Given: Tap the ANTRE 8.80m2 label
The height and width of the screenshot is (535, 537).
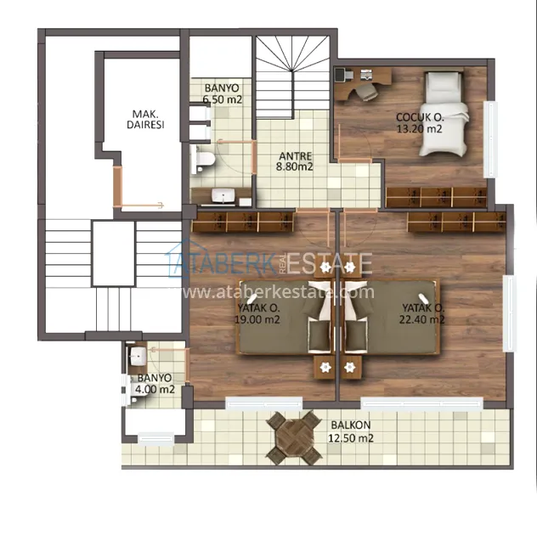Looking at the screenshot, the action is tap(295, 161).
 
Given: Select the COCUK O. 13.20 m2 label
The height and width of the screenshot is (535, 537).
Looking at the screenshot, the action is tap(420, 123).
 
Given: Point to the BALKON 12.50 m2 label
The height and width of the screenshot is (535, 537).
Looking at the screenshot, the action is tap(351, 431).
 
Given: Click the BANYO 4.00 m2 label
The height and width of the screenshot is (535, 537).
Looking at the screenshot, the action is tap(155, 383).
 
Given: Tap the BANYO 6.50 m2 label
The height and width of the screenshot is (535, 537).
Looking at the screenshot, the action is tap(223, 93).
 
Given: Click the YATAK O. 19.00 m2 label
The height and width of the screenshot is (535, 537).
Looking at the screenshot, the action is tap(257, 313).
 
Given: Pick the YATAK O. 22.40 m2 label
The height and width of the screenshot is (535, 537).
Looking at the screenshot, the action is tap(422, 313).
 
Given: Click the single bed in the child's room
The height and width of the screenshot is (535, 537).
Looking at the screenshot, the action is tap(444, 113).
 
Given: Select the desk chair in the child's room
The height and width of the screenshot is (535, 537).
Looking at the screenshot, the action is tap(366, 92).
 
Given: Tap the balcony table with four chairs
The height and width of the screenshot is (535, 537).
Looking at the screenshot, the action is tap(294, 437).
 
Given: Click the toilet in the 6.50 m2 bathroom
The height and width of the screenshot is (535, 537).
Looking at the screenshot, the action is tap(203, 159).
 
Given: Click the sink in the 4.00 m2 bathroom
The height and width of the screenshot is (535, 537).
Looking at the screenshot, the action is tap(138, 356).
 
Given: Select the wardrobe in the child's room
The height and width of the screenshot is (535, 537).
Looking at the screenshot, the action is tap(437, 198).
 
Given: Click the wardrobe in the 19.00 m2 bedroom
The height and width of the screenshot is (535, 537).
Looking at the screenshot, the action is tap(243, 222).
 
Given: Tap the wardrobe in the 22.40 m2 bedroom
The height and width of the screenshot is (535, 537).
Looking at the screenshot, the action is tap(456, 222).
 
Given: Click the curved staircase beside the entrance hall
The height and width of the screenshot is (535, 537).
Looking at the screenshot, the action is tap(292, 77).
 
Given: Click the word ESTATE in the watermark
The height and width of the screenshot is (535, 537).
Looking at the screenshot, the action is tap(330, 263).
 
